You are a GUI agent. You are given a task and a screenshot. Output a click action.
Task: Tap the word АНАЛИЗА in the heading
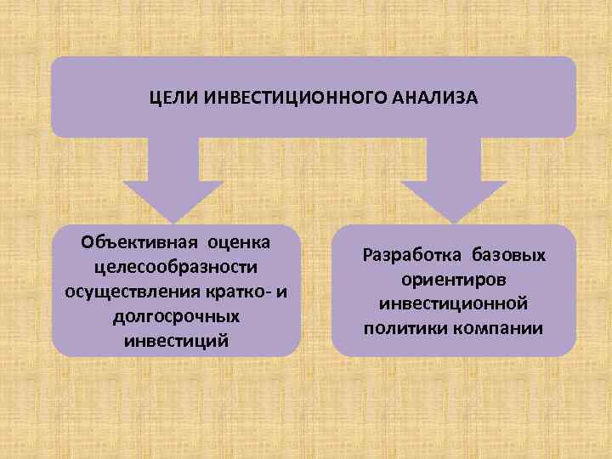click(x=436, y=98)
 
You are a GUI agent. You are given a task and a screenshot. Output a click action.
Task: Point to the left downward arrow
click(x=173, y=182)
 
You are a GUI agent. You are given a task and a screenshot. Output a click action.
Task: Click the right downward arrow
click(x=452, y=182)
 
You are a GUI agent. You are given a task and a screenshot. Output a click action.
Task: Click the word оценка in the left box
click(x=241, y=242)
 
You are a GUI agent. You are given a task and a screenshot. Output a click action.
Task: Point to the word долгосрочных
click(x=176, y=316)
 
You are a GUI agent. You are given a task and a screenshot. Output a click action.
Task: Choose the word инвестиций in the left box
click(x=176, y=341)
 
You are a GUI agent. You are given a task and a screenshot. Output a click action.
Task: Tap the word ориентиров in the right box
click(x=454, y=279)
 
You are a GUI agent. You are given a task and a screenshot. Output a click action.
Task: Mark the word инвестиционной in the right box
click(x=454, y=303)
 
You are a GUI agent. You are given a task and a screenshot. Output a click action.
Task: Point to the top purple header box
click(x=313, y=76)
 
